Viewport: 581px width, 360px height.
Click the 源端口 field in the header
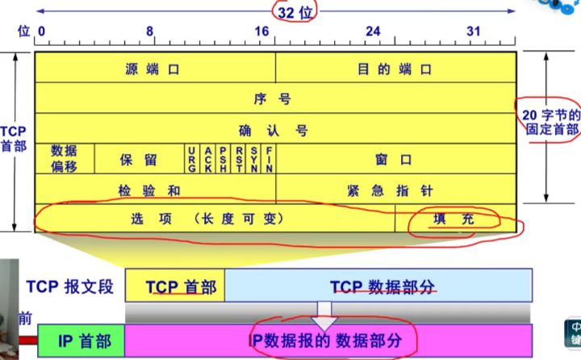(x=154, y=69)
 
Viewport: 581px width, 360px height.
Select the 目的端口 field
(x=395, y=69)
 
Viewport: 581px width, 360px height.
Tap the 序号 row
(x=274, y=99)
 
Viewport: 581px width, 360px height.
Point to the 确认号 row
(x=274, y=130)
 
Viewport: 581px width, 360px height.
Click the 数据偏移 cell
(x=65, y=158)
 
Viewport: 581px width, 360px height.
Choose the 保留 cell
(x=139, y=159)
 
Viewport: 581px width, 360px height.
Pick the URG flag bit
(x=191, y=159)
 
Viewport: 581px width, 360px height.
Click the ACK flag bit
(x=207, y=159)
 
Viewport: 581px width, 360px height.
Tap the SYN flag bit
(x=253, y=159)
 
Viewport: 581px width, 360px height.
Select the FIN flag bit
(x=269, y=159)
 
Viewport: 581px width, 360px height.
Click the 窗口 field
(x=395, y=159)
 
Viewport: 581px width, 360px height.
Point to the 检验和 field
(x=154, y=190)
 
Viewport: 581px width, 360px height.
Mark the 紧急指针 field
(x=395, y=190)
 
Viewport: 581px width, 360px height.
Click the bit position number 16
(x=261, y=31)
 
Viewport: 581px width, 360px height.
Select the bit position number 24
(x=372, y=31)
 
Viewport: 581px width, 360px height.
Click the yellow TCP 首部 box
(x=174, y=287)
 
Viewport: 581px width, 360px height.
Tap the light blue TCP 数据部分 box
(x=378, y=287)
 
